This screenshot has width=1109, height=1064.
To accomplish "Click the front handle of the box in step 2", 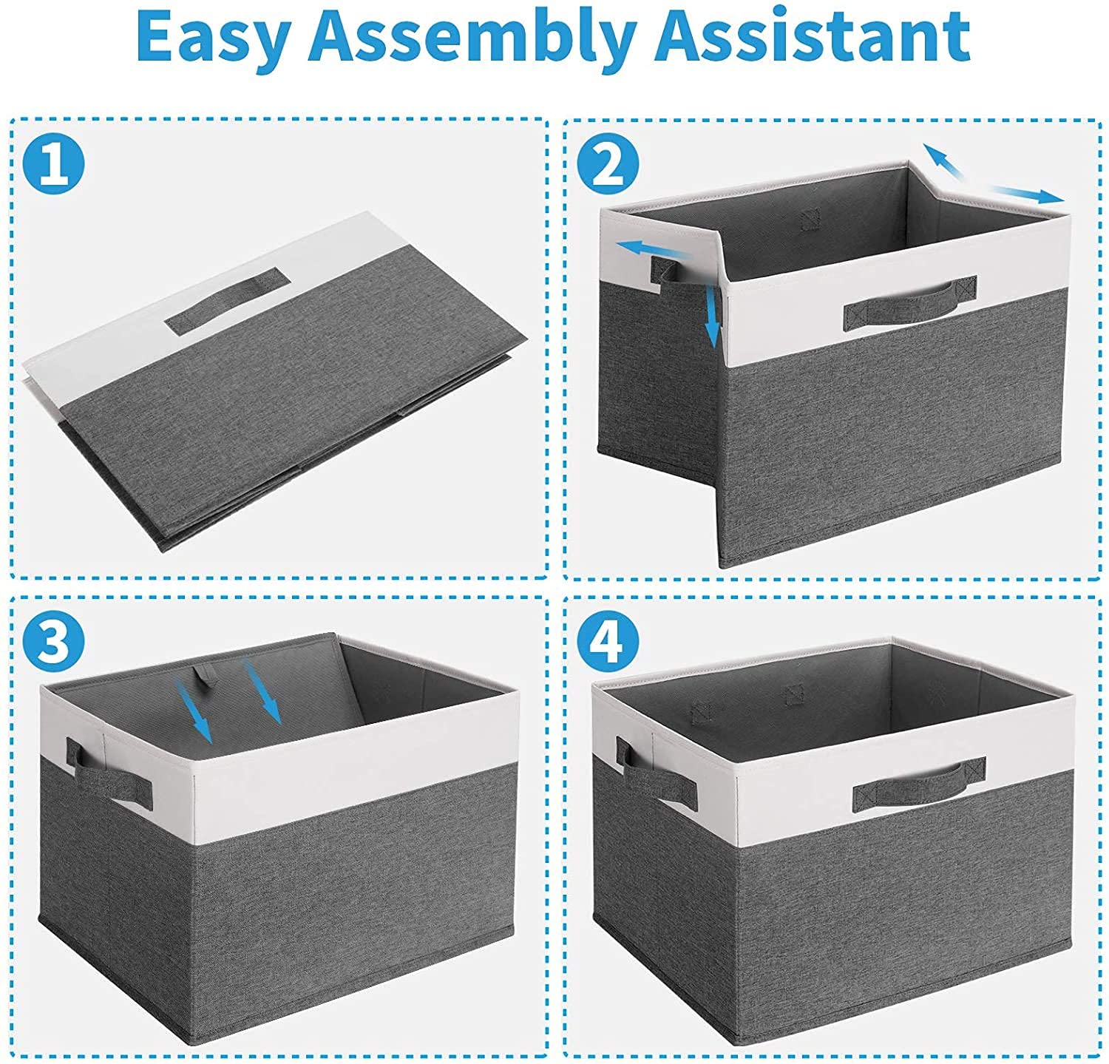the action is [909, 302].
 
